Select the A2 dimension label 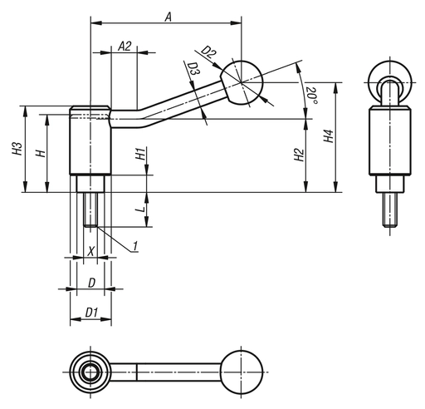click(125, 46)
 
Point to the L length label click(140, 212)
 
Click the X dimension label click(90, 249)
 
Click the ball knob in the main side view click(241, 83)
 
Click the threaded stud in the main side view click(90, 209)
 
